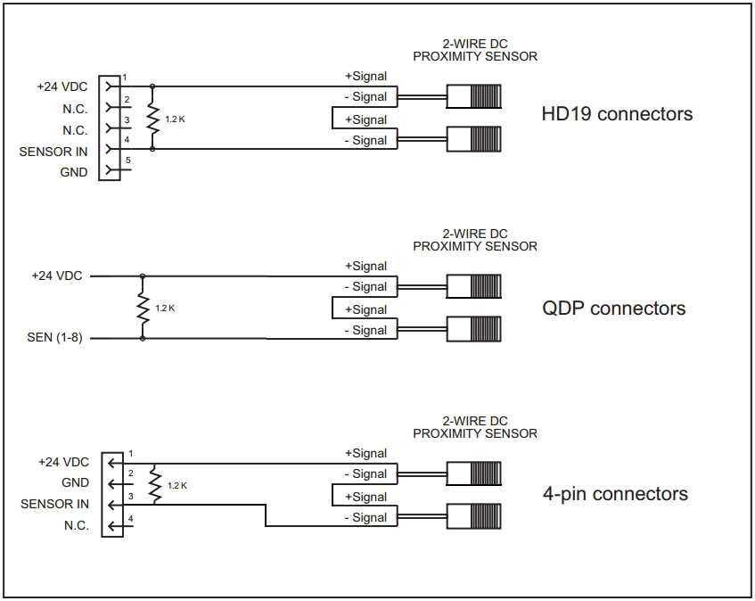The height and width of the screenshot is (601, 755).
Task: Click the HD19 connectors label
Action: click(x=617, y=114)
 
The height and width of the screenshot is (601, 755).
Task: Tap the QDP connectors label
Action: click(x=614, y=309)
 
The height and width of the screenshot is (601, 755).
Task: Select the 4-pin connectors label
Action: click(x=615, y=494)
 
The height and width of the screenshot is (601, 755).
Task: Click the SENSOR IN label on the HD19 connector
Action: click(x=53, y=152)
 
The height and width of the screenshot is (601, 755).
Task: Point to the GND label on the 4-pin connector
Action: click(x=76, y=482)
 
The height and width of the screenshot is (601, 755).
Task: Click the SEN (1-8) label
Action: click(x=55, y=338)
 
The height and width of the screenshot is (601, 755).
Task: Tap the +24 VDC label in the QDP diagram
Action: click(x=57, y=276)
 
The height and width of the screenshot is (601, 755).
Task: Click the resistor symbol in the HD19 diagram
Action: click(x=152, y=118)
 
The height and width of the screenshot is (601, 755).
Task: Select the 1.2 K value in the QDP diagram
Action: click(x=165, y=308)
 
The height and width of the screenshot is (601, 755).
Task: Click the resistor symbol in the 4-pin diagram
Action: click(x=156, y=484)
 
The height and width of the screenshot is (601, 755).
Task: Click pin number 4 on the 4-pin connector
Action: click(x=130, y=518)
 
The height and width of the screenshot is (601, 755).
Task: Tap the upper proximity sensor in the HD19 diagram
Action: click(x=473, y=96)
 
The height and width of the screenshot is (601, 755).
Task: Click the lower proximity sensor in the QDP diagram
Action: click(x=473, y=329)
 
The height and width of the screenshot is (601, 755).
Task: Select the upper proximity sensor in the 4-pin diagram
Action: click(x=473, y=473)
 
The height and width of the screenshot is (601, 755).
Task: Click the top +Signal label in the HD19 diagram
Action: click(x=366, y=76)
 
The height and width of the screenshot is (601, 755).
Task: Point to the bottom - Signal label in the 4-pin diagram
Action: click(x=366, y=517)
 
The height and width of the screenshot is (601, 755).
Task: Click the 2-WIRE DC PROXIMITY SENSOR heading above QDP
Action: click(x=475, y=240)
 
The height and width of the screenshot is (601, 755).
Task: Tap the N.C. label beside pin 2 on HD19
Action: click(x=76, y=109)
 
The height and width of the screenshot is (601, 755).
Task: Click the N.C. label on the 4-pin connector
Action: click(x=77, y=525)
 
